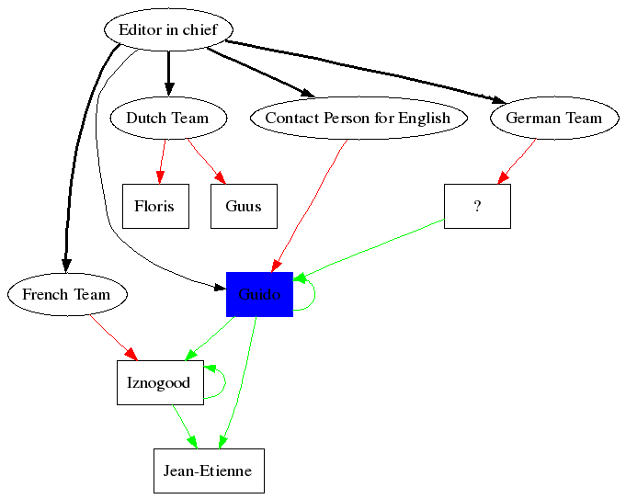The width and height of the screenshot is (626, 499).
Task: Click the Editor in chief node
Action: (168, 29)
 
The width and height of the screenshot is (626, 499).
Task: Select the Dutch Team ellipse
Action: (167, 118)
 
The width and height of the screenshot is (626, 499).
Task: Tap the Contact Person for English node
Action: (358, 118)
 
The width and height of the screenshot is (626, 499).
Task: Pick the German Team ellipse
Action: (553, 118)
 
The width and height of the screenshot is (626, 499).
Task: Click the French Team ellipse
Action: (66, 294)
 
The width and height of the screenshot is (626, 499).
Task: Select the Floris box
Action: (154, 206)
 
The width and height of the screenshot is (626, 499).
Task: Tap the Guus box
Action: (244, 206)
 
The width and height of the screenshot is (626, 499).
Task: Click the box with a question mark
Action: (477, 206)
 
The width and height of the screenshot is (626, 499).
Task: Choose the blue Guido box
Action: (259, 294)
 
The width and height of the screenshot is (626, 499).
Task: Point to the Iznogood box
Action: (159, 382)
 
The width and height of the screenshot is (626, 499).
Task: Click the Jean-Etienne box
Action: (209, 471)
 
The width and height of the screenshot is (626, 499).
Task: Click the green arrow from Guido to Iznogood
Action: (211, 337)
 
